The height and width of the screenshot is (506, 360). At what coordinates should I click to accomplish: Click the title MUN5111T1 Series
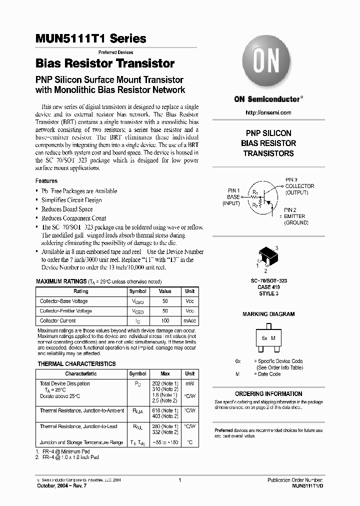tap(91, 38)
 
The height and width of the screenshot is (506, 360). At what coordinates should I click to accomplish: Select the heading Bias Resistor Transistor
tap(105, 63)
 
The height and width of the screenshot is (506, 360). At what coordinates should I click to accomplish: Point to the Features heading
tap(46, 181)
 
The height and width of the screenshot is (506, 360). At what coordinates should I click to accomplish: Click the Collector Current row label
tap(58, 320)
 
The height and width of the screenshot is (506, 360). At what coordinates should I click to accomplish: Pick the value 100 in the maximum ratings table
tap(165, 320)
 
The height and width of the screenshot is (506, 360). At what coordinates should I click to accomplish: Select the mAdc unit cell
tap(190, 320)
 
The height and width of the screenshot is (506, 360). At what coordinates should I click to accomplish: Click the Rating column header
tap(81, 291)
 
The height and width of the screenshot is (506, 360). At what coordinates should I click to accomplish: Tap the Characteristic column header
tap(81, 374)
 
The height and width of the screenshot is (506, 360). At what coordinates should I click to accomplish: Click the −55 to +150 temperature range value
tap(165, 443)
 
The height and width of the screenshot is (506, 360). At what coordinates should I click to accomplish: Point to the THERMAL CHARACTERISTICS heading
tap(76, 364)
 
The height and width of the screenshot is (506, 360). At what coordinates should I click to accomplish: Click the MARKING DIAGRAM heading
tap(268, 314)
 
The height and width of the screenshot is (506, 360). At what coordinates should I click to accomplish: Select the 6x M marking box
tap(268, 338)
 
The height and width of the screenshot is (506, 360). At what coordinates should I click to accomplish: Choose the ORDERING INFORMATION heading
tap(268, 394)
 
